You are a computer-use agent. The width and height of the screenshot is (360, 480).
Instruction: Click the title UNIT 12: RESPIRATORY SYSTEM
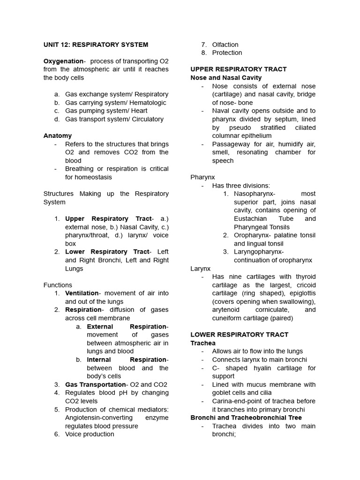pyautogui.click(x=96, y=45)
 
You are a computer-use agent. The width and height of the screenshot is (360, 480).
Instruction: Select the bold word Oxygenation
pyautogui.click(x=63, y=61)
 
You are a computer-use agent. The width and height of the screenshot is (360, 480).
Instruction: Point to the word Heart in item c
pyautogui.click(x=139, y=111)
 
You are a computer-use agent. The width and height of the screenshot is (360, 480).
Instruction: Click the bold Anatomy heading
pyautogui.click(x=58, y=135)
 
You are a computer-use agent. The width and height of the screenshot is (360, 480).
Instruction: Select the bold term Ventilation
pyautogui.click(x=82, y=293)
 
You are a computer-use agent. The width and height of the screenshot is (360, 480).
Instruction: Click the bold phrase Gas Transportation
pyautogui.click(x=96, y=384)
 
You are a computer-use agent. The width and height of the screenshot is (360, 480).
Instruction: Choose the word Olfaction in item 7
pyautogui.click(x=225, y=45)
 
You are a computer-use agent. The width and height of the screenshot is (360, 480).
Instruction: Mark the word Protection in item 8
pyautogui.click(x=227, y=52)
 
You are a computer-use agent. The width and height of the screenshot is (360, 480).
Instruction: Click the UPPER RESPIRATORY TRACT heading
pyautogui.click(x=238, y=69)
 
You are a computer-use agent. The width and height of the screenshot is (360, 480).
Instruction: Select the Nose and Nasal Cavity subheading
pyautogui.click(x=226, y=77)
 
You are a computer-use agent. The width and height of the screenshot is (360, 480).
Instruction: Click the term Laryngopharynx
pyautogui.click(x=259, y=252)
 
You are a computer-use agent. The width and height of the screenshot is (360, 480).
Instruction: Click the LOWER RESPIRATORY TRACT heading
pyautogui.click(x=239, y=335)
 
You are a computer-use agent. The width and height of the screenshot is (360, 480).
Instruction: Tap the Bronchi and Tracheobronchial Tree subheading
pyautogui.click(x=246, y=418)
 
